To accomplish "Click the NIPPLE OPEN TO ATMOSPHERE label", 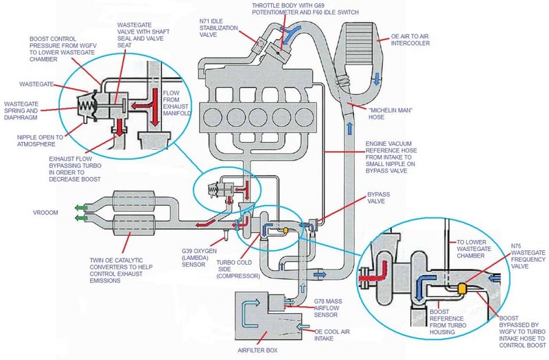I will (x=45, y=141).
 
